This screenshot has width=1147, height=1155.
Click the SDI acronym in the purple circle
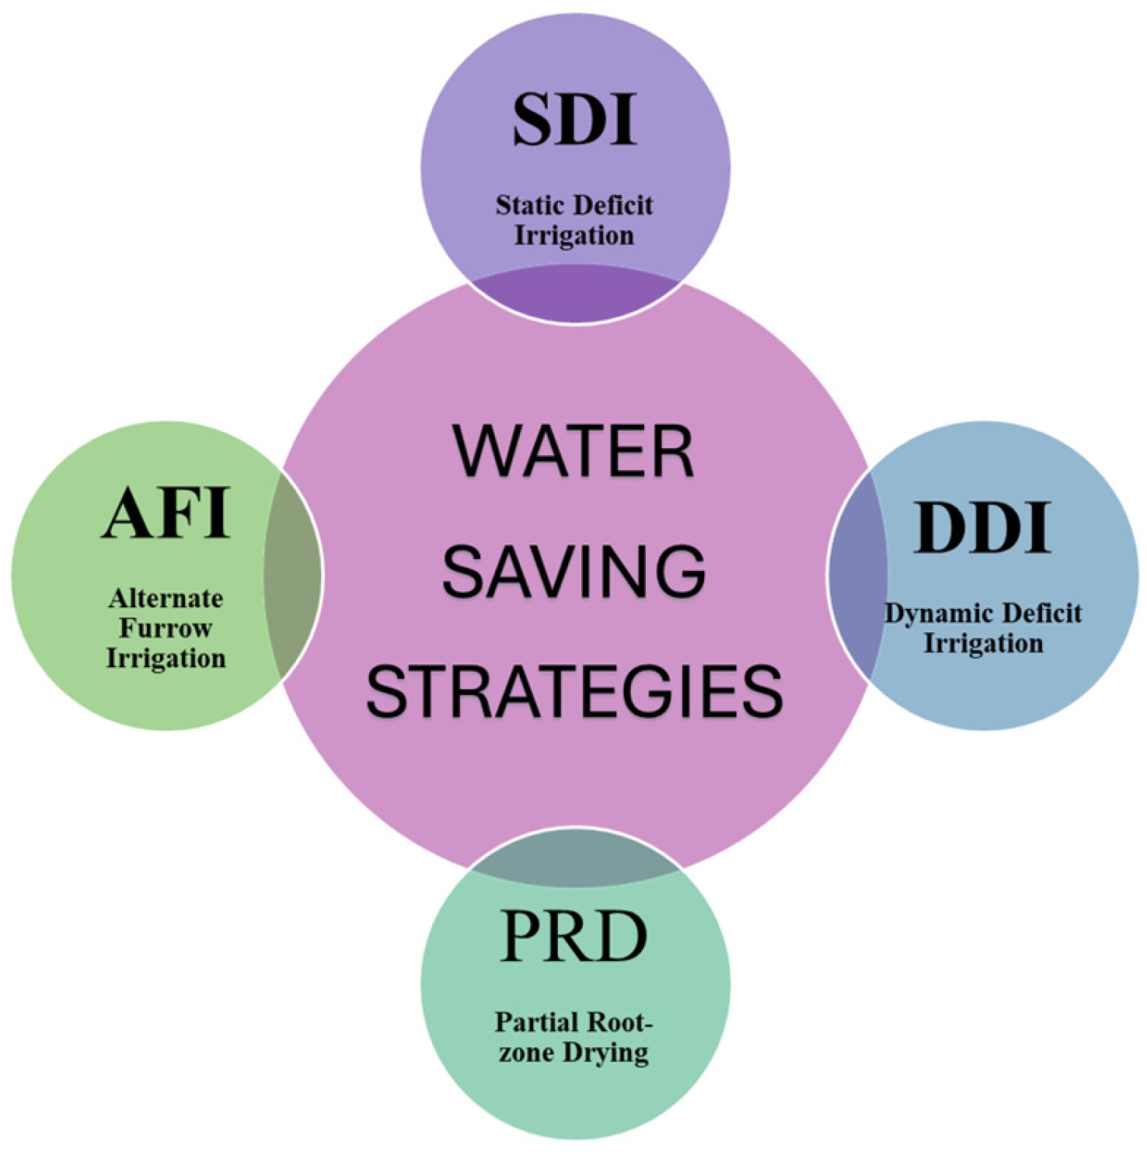574,120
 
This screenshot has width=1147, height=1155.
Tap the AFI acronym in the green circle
166,513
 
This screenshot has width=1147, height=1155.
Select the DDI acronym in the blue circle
982,528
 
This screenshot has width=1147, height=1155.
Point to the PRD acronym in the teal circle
573,936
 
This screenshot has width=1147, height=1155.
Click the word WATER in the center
573,452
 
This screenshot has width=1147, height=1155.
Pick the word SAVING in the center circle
573,572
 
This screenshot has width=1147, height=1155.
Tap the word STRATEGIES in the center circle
573,692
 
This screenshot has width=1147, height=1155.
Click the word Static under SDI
528,205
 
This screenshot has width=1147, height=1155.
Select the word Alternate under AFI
166,598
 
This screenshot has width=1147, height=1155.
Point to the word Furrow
166,628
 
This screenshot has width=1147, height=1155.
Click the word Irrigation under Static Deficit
574,235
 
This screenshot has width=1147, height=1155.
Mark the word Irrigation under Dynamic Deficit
982,644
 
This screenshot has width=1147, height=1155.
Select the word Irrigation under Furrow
166,659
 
